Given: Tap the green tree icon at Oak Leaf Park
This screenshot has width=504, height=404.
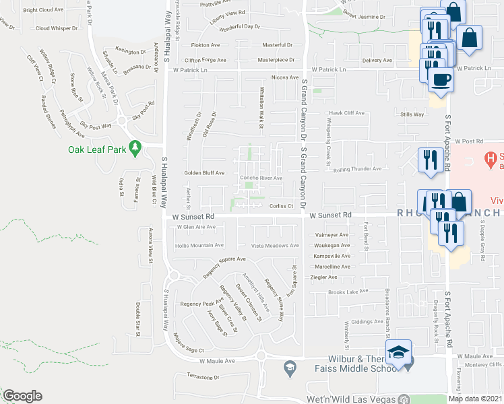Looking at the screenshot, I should (x=135, y=146).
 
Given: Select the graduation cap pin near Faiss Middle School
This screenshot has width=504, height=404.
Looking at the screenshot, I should (x=399, y=353).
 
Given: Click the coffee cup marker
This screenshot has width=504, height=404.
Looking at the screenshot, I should (x=441, y=79).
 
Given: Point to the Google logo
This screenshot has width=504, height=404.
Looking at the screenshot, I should (x=22, y=396).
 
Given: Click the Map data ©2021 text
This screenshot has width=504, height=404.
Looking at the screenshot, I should (x=475, y=399).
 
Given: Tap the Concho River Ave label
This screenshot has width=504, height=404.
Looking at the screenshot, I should (x=261, y=178).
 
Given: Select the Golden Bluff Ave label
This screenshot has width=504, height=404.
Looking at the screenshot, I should (x=204, y=173).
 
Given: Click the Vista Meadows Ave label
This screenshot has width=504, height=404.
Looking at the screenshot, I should (x=274, y=246).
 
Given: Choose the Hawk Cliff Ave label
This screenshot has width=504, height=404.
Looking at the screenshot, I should (x=346, y=113).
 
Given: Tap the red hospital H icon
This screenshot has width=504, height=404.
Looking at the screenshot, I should (x=492, y=159).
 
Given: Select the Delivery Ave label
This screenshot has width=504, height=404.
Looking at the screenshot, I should (x=377, y=61).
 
